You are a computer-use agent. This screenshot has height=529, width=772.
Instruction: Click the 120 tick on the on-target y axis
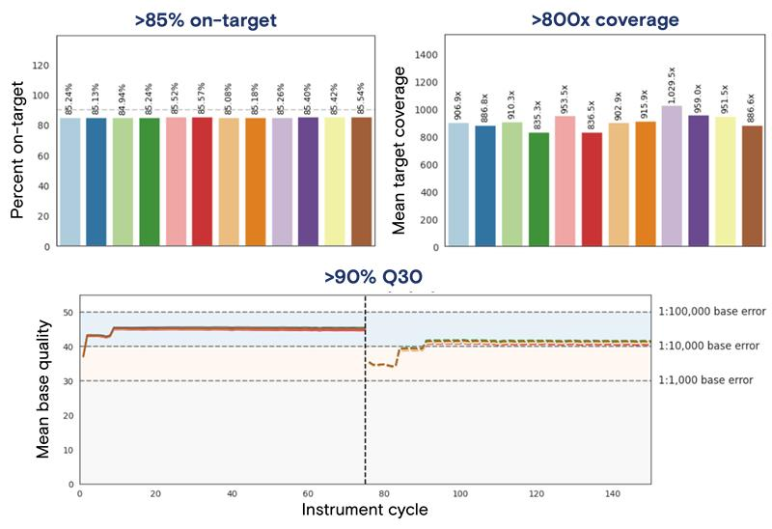[x=41, y=66]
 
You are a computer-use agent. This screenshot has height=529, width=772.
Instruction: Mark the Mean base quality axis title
[x=44, y=390]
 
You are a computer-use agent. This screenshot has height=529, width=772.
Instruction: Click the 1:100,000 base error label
[x=711, y=312]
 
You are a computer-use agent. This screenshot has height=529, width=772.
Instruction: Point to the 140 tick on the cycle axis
[x=613, y=492]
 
